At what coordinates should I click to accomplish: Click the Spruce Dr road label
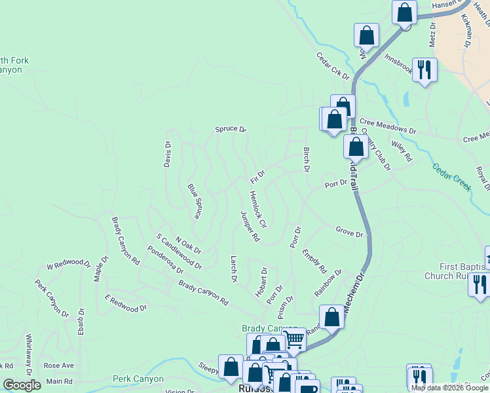coord(230,130)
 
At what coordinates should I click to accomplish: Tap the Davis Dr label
coord(168,154)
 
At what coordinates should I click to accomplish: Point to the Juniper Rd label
coord(250,227)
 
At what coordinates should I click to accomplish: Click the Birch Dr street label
coord(306,160)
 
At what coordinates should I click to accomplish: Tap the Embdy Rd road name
coord(314,260)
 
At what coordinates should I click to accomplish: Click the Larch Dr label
coord(233,269)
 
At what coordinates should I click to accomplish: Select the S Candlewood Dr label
coord(179,252)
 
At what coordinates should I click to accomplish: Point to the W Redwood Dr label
coord(68,265)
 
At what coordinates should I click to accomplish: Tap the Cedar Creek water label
coord(452,176)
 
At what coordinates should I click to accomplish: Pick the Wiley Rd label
coord(402,152)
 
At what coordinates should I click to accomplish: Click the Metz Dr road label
coord(432,37)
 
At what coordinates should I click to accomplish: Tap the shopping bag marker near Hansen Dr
coord(405,12)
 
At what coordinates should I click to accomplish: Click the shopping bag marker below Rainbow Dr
coord(332,317)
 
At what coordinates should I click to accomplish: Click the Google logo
coord(22,385)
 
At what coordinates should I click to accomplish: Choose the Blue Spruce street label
coord(194,201)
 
